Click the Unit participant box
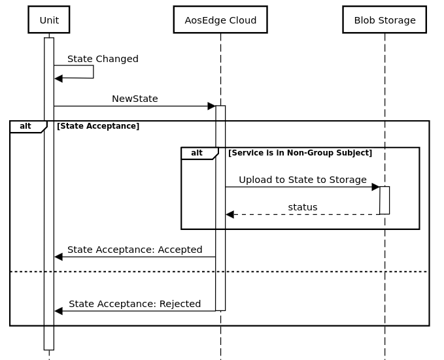(49, 20)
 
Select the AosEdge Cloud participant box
(220, 20)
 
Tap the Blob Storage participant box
(384, 20)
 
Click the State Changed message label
(103, 59)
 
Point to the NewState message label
(135, 99)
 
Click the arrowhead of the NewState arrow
(211, 106)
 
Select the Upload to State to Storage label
(302, 180)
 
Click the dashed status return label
(302, 207)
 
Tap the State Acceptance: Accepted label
(135, 250)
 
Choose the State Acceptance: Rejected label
(135, 304)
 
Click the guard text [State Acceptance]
(98, 126)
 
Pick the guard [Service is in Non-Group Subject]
(300, 153)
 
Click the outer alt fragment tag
(26, 126)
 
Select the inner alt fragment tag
(197, 153)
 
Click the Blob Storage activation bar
(384, 200)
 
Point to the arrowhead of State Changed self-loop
(58, 78)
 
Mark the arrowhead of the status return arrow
(230, 214)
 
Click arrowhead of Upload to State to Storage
(375, 187)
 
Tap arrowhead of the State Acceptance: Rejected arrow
(58, 311)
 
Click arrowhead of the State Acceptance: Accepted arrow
(58, 257)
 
